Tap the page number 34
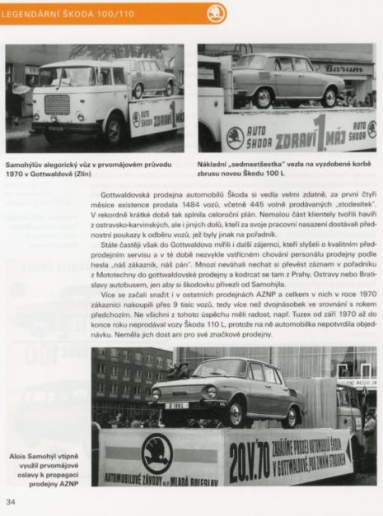click(x=11, y=501)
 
